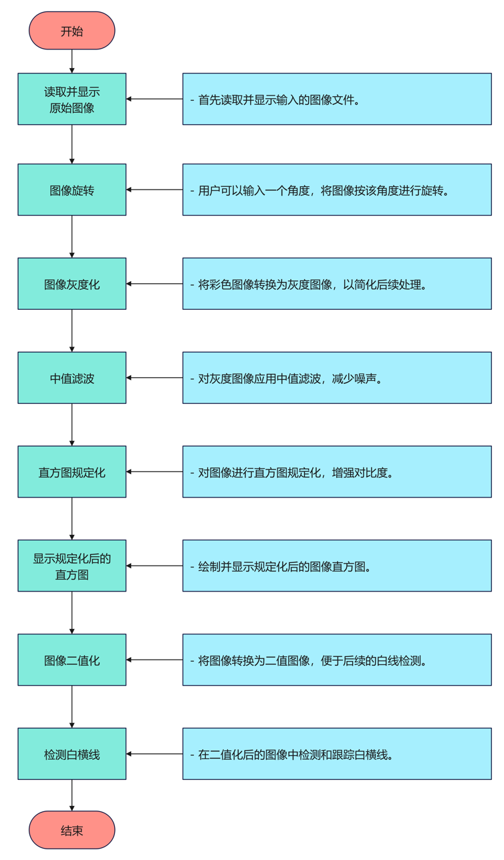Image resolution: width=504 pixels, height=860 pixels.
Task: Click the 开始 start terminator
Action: pos(72,31)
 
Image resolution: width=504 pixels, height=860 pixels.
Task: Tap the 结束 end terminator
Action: pos(72,830)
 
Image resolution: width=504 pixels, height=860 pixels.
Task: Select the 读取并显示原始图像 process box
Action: pos(72,99)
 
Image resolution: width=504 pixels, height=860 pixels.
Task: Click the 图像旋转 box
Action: pos(72,190)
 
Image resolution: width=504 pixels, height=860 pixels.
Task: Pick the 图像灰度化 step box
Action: pos(72,284)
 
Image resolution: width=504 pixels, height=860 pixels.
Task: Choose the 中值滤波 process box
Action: pos(72,378)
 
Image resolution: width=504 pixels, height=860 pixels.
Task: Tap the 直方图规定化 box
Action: pos(72,472)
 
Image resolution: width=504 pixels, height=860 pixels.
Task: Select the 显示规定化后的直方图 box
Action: pos(72,566)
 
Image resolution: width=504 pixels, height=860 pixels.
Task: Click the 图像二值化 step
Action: pos(72,660)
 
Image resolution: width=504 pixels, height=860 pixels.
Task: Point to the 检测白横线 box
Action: pos(72,754)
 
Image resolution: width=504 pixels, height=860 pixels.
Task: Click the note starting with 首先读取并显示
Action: pos(337,99)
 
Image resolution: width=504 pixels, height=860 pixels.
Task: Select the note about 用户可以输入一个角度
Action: pos(337,190)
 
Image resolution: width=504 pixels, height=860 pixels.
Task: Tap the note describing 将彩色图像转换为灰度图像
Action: pos(337,284)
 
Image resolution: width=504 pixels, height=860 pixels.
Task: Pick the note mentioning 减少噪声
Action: pos(337,378)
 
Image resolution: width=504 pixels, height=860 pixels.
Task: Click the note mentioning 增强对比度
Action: pos(337,472)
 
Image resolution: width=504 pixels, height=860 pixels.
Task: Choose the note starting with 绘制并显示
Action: pos(337,566)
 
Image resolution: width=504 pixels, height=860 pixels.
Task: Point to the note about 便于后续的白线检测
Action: pos(337,660)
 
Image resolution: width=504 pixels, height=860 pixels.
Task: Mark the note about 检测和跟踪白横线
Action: pos(337,754)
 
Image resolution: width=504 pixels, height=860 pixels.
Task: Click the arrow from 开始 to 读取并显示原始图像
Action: pos(72,61)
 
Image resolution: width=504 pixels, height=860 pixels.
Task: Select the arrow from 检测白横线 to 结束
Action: pos(72,795)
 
